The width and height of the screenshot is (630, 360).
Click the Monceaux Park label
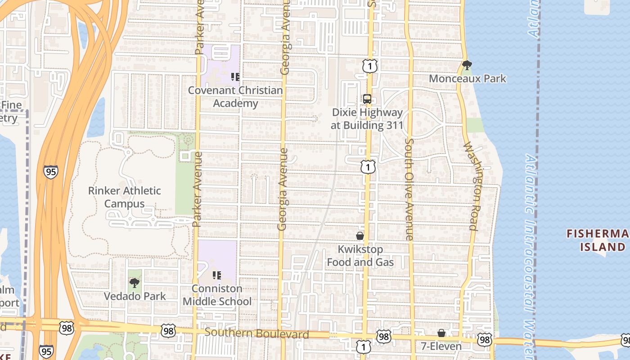[x=468, y=79]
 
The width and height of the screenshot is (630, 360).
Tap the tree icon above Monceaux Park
[x=467, y=65]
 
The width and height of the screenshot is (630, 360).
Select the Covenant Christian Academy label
[x=235, y=97]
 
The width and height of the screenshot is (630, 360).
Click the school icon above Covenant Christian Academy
[x=235, y=77]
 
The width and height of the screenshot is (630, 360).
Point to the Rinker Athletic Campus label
[x=124, y=197]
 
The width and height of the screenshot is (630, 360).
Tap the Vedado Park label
[x=135, y=297]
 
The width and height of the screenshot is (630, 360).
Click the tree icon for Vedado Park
[x=134, y=283]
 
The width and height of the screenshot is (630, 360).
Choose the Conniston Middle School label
[x=217, y=295]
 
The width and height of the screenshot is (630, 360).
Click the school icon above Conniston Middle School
[x=216, y=275]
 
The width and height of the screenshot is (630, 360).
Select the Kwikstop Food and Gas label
[x=360, y=256]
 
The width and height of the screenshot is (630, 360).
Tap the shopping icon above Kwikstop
[x=360, y=236]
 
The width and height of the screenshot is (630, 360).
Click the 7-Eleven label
[x=441, y=346]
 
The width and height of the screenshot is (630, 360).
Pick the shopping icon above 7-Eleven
[x=441, y=333]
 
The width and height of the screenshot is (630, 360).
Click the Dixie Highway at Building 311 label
[x=367, y=119]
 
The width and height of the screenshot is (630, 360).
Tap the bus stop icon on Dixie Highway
[x=367, y=99]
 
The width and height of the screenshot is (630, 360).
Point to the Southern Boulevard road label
[x=256, y=333]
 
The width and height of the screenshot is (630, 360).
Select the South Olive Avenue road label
[x=409, y=189]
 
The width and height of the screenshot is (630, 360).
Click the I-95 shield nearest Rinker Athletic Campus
[x=51, y=172]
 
